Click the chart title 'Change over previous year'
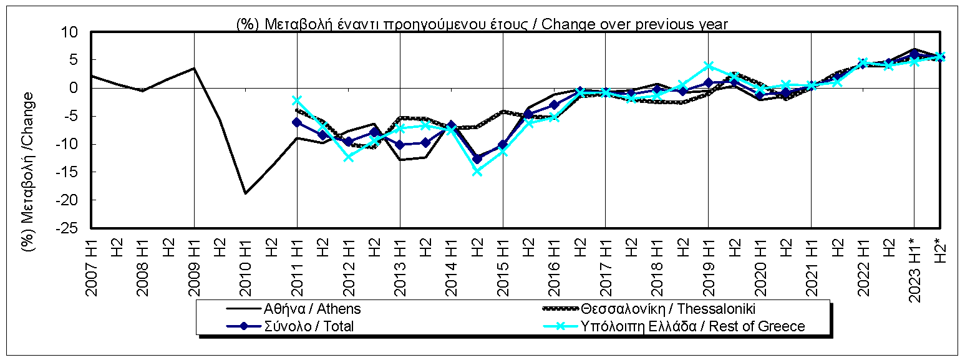482,24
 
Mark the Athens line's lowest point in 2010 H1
246,193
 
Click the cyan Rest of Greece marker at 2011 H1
298,100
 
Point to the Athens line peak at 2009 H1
195,68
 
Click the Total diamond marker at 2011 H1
298,122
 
